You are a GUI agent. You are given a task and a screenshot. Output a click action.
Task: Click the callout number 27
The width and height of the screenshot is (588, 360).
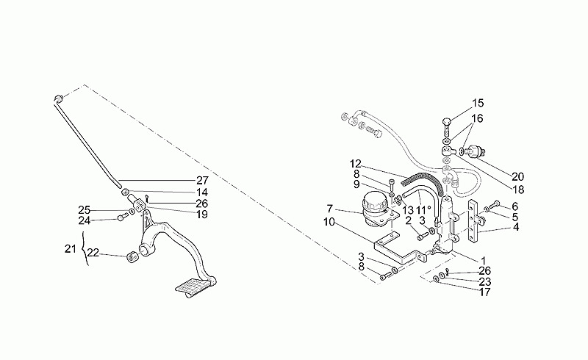tap(202, 181)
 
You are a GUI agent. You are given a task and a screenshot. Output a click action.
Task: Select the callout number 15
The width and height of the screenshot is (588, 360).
tap(478, 103)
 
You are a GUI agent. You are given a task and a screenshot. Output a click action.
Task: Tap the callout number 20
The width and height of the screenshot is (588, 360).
tap(517, 176)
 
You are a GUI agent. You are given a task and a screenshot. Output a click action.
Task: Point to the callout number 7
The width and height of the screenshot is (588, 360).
tap(329, 209)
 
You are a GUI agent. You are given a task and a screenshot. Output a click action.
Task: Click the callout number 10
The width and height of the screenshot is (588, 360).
tap(329, 222)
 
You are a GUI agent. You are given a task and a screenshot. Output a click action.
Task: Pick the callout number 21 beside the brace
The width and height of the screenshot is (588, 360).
tap(71, 248)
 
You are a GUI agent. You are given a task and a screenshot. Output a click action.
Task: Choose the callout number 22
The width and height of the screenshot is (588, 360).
tap(93, 253)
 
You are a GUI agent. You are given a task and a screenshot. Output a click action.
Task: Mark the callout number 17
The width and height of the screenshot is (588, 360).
tap(484, 292)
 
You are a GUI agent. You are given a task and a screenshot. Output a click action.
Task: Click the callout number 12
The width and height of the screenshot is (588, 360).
tap(356, 164)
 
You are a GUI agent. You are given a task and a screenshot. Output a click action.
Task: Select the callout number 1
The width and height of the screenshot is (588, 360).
tap(484, 260)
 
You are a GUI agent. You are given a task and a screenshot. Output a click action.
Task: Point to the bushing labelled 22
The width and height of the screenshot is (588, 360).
tap(132, 258)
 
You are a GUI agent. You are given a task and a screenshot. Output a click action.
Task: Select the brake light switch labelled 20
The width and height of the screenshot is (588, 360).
tap(475, 151)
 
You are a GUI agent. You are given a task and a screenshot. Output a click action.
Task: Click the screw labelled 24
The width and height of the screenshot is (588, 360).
tap(121, 217)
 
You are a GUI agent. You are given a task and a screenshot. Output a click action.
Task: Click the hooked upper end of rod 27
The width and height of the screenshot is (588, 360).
tap(58, 99)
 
